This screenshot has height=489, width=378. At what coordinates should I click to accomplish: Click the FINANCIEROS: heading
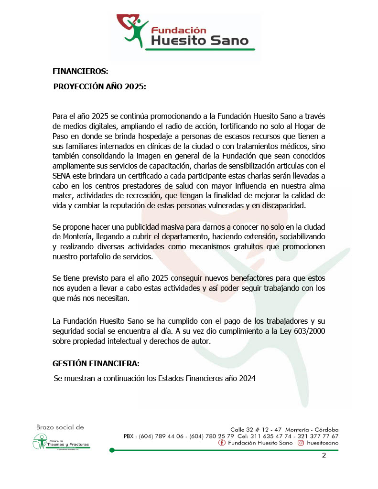[80, 71]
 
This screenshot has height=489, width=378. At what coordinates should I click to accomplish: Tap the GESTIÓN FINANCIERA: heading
[96, 363]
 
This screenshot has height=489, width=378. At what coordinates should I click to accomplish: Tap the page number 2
[324, 455]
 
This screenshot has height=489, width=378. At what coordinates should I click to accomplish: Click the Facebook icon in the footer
[222, 443]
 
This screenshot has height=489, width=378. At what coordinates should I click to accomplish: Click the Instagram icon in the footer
[302, 443]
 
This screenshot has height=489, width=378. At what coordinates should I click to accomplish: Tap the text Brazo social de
[60, 427]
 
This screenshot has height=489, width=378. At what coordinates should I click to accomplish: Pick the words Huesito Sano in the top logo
[200, 41]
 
